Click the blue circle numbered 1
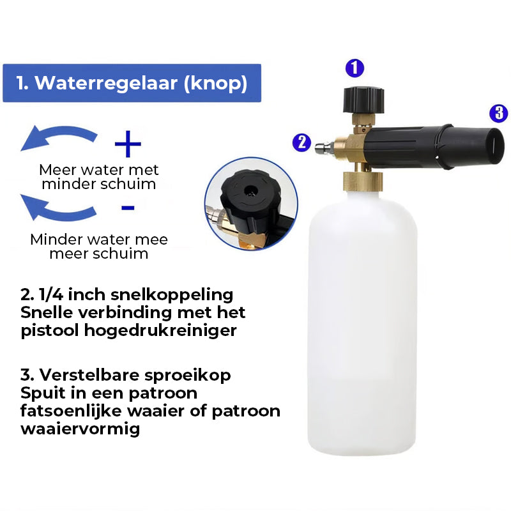point(355,68)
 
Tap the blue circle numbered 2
point(301,142)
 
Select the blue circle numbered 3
point(499,113)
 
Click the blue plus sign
point(128,144)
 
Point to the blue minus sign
point(128,208)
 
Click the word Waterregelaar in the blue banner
point(107,83)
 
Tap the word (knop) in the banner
point(215,84)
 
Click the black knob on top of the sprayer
point(363,100)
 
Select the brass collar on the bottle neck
point(363,181)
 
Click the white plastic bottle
point(362,323)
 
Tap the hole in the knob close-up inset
point(250,190)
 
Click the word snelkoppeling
point(172,295)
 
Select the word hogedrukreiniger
point(160,330)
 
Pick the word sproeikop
point(187,376)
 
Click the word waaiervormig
point(80,429)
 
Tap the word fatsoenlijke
point(71,411)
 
